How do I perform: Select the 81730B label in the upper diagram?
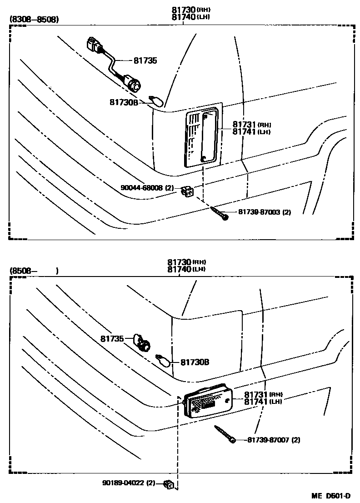[x=123, y=102]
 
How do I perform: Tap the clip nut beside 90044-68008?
[x=186, y=192]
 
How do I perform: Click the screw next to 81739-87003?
[x=220, y=213]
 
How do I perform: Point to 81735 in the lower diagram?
[x=112, y=338]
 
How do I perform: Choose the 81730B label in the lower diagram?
[x=195, y=362]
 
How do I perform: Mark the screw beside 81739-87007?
[x=223, y=433]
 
